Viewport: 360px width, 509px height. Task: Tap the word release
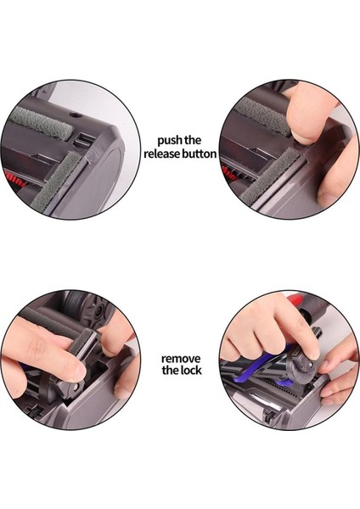click(161, 154)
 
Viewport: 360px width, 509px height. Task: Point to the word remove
click(181, 359)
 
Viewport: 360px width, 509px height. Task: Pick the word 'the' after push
click(193, 141)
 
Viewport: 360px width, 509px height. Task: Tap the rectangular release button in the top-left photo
click(83, 140)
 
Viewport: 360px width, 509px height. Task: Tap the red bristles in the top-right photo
click(228, 173)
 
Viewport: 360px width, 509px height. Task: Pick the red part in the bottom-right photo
click(295, 300)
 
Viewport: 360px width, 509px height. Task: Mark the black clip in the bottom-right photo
click(270, 415)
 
